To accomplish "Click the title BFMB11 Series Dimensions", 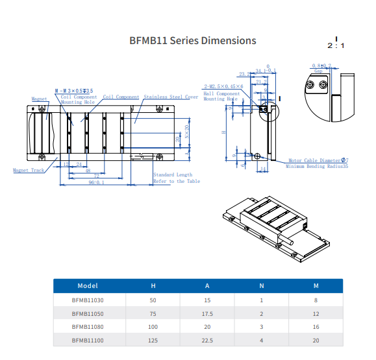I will (x=193, y=41).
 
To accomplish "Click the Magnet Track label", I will (x=28, y=171).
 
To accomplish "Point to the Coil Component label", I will (x=121, y=97).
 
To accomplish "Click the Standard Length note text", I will (x=173, y=174).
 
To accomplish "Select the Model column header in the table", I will (x=88, y=285).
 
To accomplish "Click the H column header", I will (x=153, y=285).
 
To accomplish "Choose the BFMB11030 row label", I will (x=88, y=300).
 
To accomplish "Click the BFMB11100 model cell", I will (x=88, y=339).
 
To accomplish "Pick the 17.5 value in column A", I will (x=207, y=313).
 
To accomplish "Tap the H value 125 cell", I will (x=153, y=339).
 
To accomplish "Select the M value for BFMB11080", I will (x=316, y=326).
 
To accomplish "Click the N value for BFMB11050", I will (x=262, y=313).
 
